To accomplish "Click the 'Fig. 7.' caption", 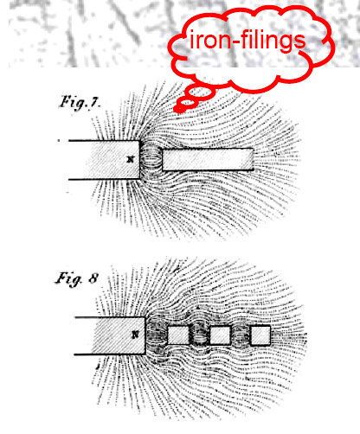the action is [x=80, y=103].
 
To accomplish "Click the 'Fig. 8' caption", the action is [x=77, y=279].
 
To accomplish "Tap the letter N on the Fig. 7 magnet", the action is [x=131, y=159].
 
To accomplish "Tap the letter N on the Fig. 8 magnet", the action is [x=135, y=335].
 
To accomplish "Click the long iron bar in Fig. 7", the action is [x=208, y=159].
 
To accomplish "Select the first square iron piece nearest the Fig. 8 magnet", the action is [x=178, y=335].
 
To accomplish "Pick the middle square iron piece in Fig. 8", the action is [x=221, y=335].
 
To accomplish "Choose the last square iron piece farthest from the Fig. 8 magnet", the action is [x=260, y=335].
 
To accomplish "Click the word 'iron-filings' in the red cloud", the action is [x=247, y=41].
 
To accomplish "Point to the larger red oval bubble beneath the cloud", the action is [x=201, y=93].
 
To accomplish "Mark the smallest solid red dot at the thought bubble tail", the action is [x=179, y=109].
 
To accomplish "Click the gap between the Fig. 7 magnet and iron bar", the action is [x=151, y=159].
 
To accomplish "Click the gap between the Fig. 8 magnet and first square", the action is [x=157, y=335].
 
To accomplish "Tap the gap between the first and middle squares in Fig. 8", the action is [x=200, y=335].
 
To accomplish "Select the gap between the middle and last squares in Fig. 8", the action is [x=241, y=335].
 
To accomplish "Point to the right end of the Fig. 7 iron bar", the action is [x=254, y=159].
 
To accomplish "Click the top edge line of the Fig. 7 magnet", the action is [x=104, y=141].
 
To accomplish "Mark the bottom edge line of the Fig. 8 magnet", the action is [x=110, y=354].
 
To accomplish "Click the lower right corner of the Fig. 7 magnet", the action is [x=139, y=179].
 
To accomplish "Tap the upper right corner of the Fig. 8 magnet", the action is [x=145, y=317].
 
